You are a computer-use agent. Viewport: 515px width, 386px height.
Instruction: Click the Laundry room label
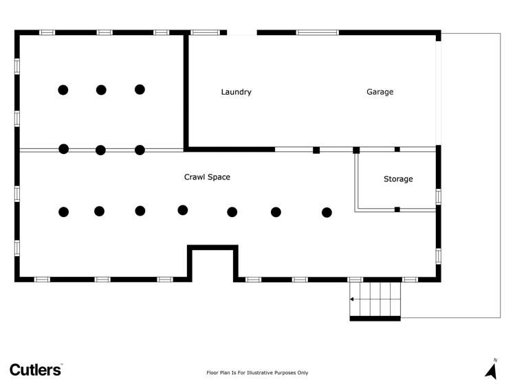point(236,92)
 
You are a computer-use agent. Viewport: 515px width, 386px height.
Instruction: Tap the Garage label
point(380,92)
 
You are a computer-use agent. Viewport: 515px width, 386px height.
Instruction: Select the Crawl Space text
point(207,177)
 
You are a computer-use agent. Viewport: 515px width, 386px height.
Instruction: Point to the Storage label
point(398,179)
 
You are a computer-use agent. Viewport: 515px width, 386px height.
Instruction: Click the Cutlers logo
point(36,370)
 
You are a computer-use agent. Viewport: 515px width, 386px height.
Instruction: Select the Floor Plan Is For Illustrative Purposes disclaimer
point(257,373)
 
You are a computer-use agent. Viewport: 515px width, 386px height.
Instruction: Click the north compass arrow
point(491,372)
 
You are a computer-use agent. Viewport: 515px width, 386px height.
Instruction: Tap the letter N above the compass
point(495,360)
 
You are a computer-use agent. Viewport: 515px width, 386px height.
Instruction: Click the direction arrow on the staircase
point(353,299)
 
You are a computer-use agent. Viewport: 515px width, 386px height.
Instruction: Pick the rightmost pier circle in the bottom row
point(327,212)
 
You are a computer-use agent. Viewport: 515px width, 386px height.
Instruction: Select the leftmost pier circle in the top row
point(63,89)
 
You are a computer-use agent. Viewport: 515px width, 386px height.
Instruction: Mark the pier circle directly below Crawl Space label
point(183,210)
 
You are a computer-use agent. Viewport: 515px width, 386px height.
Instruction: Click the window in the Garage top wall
point(317,32)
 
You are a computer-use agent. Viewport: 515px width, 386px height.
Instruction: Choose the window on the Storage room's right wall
point(438,196)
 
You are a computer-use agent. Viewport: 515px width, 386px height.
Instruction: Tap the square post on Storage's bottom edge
point(397,209)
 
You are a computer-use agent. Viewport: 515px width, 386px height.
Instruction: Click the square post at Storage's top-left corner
point(356,150)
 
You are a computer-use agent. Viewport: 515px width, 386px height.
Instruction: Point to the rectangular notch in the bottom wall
point(213,263)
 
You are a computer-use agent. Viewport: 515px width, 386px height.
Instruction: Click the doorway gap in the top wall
point(241,32)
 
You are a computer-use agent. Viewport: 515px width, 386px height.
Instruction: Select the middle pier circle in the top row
point(101,89)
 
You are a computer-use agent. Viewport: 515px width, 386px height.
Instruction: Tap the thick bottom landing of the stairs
point(375,319)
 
